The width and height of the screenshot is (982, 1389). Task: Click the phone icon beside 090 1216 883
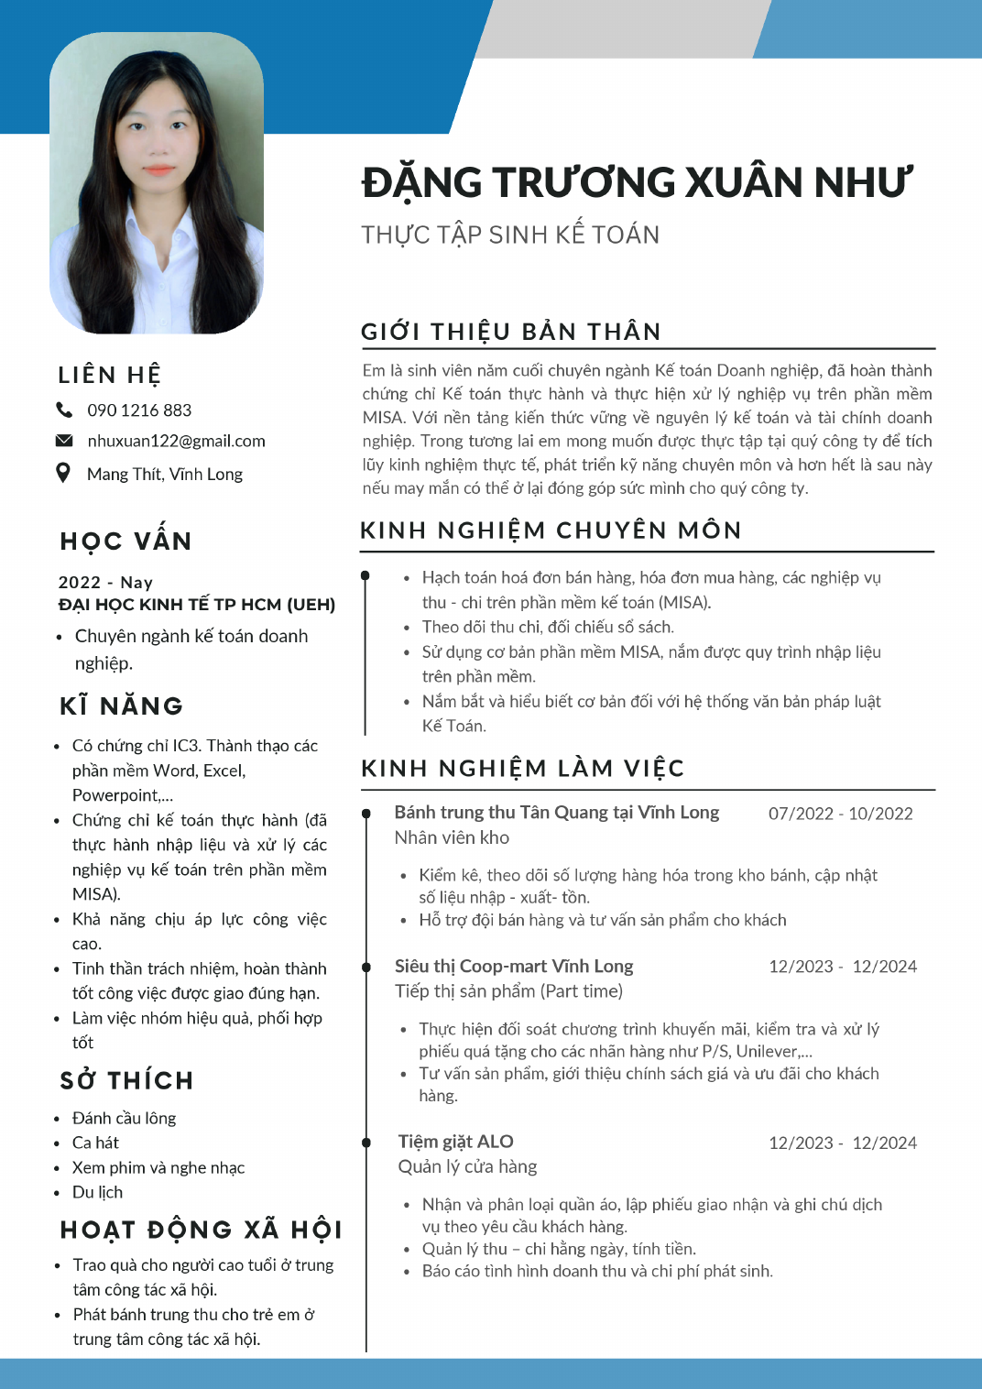coord(64,410)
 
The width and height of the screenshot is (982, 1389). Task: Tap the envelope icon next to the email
coord(64,441)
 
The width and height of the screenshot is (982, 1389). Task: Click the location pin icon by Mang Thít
coord(63,473)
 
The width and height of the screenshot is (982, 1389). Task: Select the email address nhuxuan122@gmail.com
coord(176,441)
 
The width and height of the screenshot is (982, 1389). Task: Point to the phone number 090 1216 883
coord(139,410)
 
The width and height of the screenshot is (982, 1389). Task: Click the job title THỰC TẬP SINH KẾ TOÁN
coord(510,235)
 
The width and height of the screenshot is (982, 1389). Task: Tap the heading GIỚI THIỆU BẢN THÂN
coord(511,332)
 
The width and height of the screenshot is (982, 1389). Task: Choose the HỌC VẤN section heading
coord(125,541)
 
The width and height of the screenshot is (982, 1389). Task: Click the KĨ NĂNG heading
coord(121,705)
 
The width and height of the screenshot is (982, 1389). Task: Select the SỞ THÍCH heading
coord(126,1080)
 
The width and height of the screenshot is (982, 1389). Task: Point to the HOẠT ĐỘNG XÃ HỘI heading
coord(201,1230)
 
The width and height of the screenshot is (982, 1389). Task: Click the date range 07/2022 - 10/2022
coord(840,814)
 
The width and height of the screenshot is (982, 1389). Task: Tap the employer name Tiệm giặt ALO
coord(455,1142)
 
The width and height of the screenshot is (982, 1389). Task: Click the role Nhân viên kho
coord(452,837)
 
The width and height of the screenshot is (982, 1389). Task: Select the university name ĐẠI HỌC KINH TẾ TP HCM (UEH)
coord(197,605)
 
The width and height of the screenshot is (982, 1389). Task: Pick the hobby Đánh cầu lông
coord(124,1118)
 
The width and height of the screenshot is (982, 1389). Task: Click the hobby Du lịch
coord(97,1192)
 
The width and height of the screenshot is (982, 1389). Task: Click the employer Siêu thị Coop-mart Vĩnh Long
coord(514,966)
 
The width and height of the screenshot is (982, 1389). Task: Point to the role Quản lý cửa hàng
coord(467,1166)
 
